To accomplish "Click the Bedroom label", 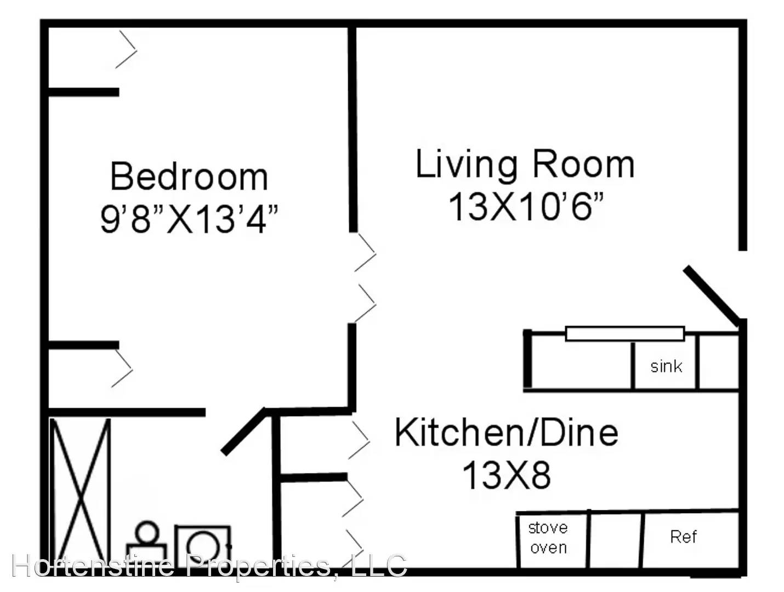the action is [x=189, y=177].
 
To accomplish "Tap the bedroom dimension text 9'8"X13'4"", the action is [x=189, y=219].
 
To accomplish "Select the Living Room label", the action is [x=525, y=164].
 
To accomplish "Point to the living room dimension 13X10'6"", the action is [x=526, y=206].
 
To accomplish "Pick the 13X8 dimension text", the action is [x=506, y=475].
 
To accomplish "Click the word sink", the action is [x=666, y=366].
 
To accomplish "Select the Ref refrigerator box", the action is [x=691, y=539].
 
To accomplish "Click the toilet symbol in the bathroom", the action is [x=146, y=543].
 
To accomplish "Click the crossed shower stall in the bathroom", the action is [x=80, y=492].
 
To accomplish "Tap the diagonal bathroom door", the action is [x=243, y=431].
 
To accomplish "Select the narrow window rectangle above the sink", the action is [x=624, y=333].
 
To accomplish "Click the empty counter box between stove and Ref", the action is [x=616, y=539].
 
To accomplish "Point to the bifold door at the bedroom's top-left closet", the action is [x=126, y=49].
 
